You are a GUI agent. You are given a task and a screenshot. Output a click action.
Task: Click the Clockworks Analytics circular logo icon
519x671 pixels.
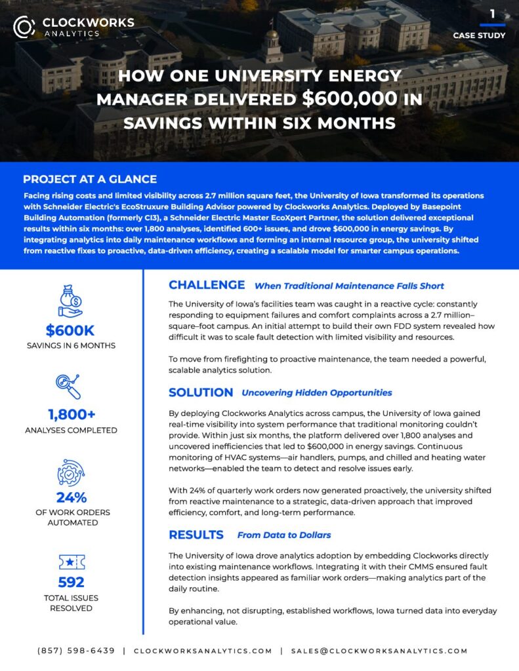pos(24,26)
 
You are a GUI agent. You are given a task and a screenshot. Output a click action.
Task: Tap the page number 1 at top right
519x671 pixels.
pos(492,13)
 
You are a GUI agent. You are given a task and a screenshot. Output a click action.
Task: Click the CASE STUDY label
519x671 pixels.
pos(479,35)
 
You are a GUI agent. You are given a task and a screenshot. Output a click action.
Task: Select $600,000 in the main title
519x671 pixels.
pos(350,99)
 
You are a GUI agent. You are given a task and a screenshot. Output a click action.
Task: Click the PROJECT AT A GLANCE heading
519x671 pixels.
pos(90,180)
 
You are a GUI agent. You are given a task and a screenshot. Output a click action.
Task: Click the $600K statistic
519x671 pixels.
pos(71,331)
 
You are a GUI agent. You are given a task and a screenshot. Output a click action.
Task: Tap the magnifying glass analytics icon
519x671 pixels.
pos(70,386)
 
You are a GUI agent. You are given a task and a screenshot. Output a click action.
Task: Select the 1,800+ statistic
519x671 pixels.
pos(71,414)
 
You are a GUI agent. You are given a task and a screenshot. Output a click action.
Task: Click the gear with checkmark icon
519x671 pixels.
pos(70,472)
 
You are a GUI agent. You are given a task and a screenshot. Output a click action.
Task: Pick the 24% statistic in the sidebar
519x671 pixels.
pos(71,497)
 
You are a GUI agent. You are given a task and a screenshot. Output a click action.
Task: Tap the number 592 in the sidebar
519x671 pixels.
pos(71,582)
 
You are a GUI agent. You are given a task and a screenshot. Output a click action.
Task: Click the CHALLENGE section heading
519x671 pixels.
pos(207,285)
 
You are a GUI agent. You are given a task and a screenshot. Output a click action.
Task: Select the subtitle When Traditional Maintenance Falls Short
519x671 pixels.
pos(349,286)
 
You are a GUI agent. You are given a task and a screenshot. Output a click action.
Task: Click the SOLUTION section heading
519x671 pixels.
pos(201,393)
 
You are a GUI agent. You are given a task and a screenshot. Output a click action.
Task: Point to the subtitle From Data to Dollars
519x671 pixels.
pos(284,535)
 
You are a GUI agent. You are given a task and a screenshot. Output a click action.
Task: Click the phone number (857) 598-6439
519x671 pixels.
pos(76,651)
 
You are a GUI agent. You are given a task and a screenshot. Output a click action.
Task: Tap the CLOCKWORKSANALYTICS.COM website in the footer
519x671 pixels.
pos(203,651)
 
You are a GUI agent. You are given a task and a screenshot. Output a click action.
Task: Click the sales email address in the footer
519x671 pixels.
pos(379,651)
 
